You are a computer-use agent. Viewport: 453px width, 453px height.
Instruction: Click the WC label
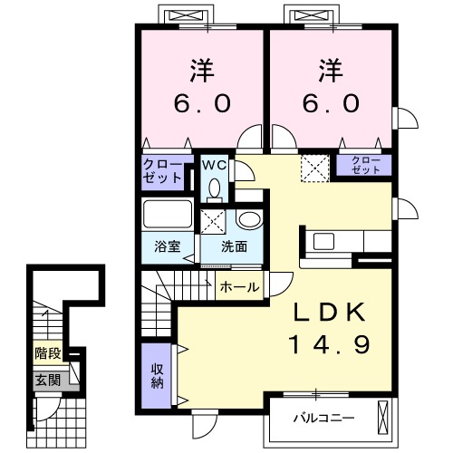click(214, 165)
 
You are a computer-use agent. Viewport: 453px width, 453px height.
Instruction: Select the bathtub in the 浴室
click(168, 214)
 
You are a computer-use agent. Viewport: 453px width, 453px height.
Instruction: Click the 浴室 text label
click(168, 246)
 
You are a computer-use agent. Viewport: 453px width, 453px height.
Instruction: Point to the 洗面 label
click(234, 246)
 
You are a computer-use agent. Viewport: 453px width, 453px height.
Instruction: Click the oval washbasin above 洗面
click(250, 219)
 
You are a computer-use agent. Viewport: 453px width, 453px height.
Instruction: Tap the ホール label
click(239, 287)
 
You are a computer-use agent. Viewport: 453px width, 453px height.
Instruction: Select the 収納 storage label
click(157, 376)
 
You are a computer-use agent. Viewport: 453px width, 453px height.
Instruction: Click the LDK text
click(330, 313)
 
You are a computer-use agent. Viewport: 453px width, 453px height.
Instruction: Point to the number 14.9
click(329, 345)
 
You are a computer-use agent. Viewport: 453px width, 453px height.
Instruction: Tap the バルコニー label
click(324, 419)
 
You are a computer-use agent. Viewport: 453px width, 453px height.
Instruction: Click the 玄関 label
click(48, 381)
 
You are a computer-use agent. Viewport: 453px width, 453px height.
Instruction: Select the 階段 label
click(48, 353)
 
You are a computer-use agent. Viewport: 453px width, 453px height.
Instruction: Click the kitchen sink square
click(323, 241)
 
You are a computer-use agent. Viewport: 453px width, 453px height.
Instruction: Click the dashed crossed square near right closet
click(314, 169)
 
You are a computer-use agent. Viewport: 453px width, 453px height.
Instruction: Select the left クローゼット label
click(162, 171)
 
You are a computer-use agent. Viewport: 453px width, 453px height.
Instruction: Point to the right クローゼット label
click(366, 165)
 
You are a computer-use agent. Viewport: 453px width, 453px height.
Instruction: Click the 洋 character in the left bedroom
click(202, 71)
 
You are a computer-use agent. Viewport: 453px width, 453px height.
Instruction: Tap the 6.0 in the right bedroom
click(331, 103)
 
